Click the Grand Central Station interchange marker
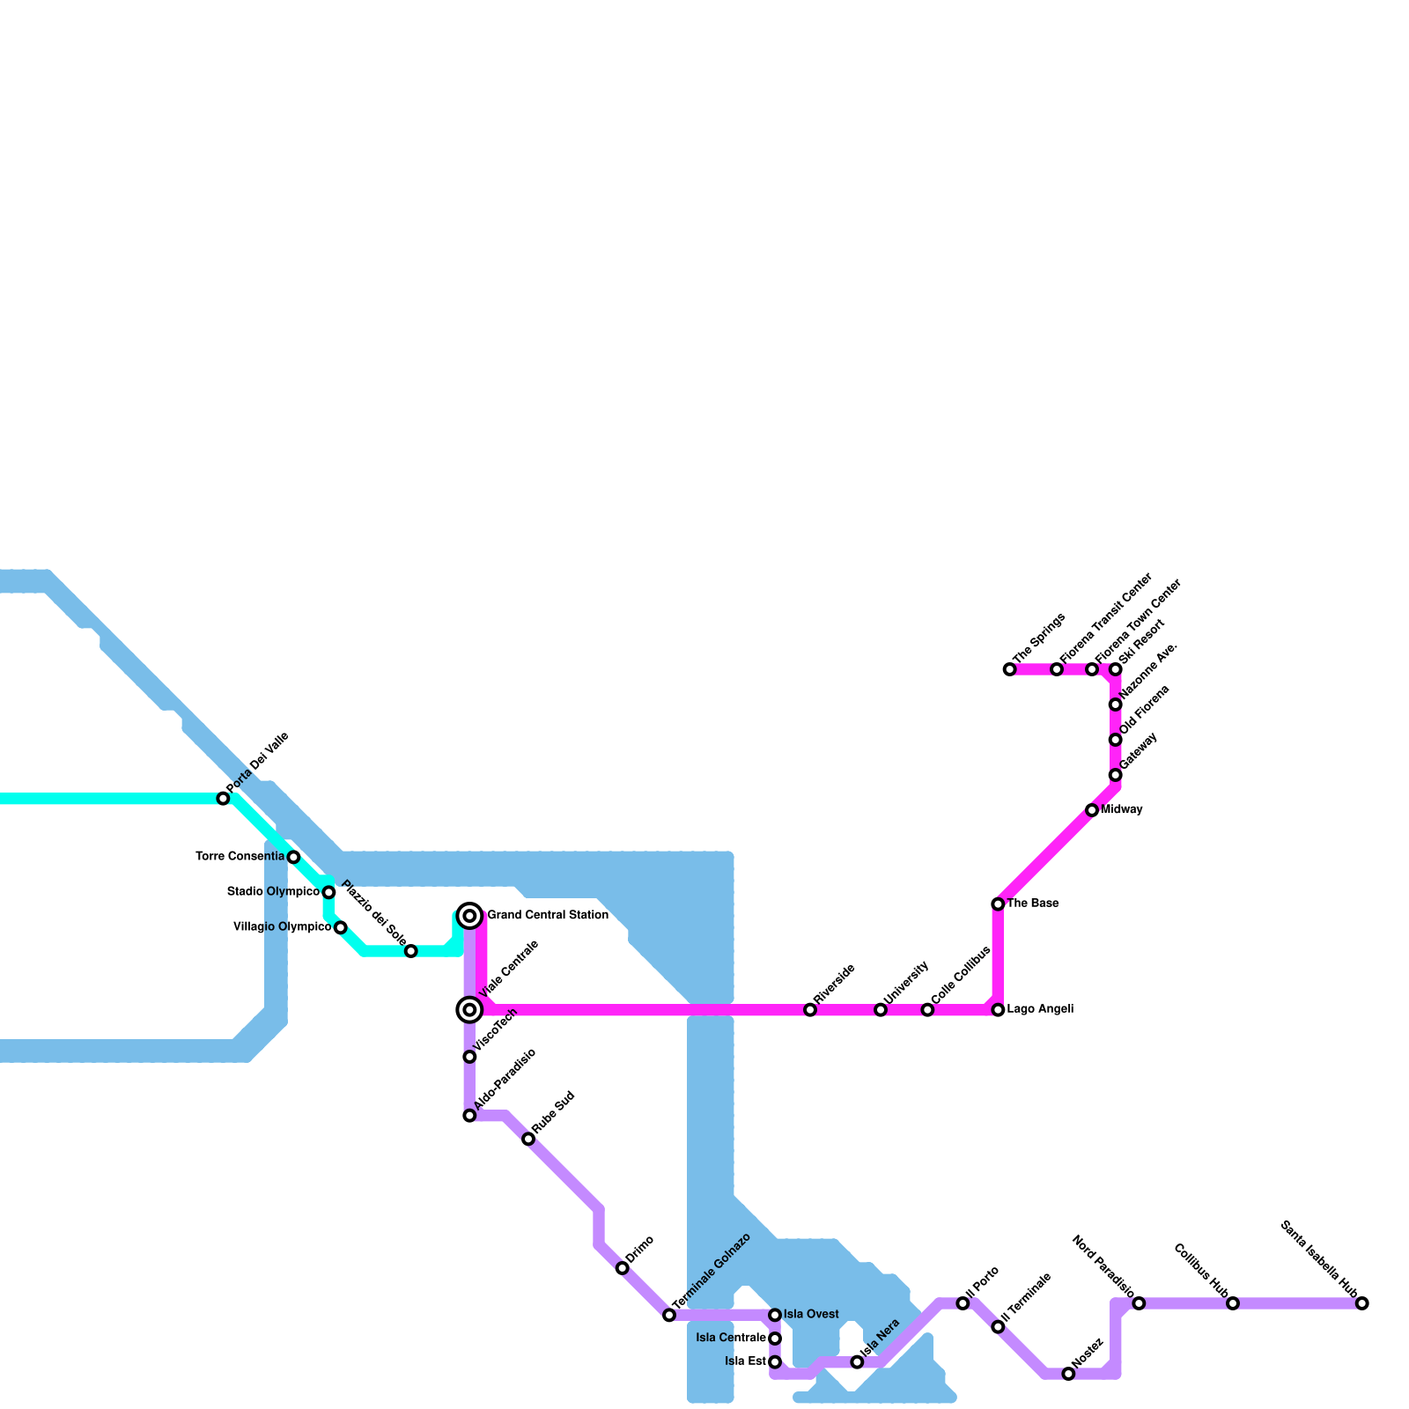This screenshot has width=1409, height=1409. pos(470,916)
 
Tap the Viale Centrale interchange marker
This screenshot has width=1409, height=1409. pos(470,1009)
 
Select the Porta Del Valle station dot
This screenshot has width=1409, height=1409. pos(224,799)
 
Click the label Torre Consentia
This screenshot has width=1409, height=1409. pos(240,857)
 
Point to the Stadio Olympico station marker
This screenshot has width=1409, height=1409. pos(328,892)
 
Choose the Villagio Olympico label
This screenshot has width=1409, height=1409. pos(282,927)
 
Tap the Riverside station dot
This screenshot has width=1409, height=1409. pos(810,1010)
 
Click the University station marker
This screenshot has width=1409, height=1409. pos(881,1010)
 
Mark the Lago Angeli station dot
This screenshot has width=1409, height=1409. pos(998,1010)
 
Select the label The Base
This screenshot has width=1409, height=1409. pos(1033,904)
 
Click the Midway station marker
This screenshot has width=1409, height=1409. pos(1092,810)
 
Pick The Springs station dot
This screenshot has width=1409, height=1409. pos(1009,670)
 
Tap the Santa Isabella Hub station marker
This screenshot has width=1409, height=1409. pos(1362,1303)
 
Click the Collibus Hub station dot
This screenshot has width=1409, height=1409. pos(1233,1303)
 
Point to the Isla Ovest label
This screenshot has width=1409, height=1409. pos(811,1315)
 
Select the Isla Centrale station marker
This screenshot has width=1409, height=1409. pos(775,1339)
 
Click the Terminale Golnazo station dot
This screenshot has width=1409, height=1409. pos(669,1316)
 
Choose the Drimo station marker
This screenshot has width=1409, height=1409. pos(623,1268)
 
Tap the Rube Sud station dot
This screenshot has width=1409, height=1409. pos(528,1140)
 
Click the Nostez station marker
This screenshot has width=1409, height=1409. pos(1068,1374)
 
